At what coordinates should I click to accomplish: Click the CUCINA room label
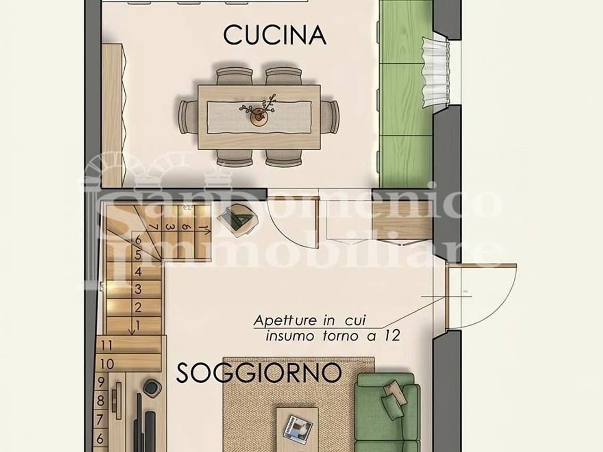click(275, 35)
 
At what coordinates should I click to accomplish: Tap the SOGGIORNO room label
click(259, 373)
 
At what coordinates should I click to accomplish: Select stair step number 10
click(107, 364)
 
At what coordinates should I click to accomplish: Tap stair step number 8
click(100, 401)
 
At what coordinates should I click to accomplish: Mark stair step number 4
click(138, 272)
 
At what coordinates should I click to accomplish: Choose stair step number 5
click(138, 255)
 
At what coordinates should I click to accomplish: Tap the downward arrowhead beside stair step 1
click(132, 331)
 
